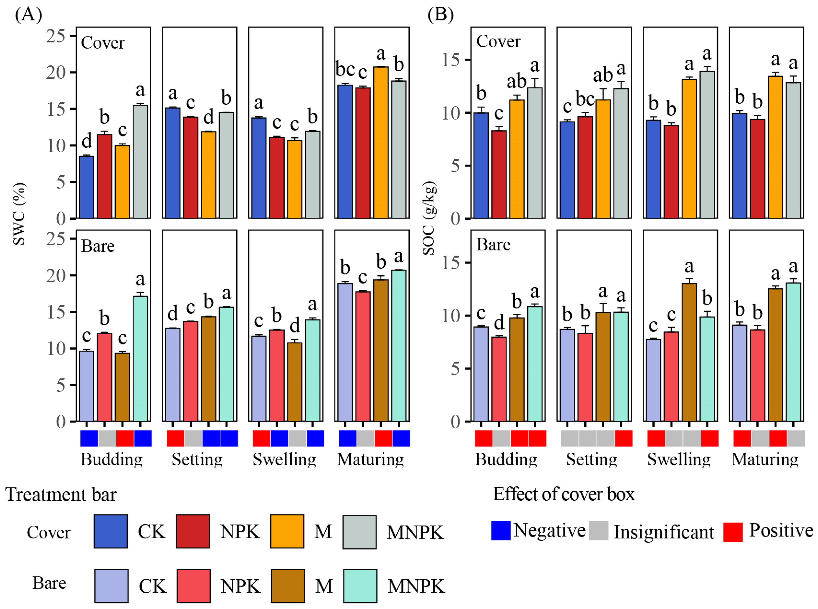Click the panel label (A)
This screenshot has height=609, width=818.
coord(28,15)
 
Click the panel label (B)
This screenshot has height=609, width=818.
coord(440,15)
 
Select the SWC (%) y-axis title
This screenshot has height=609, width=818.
coord(19,214)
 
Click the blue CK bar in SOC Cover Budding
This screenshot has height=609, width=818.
coord(481,166)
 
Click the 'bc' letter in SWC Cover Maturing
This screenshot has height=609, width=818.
coord(345,69)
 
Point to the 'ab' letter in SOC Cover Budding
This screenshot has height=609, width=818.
coord(517,81)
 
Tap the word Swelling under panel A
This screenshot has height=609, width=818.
coord(284,460)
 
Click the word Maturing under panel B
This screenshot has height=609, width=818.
coord(765,460)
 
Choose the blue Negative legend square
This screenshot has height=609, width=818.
coord(501,531)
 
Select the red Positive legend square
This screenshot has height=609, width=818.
coord(733,532)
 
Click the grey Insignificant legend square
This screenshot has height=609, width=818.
coord(598,531)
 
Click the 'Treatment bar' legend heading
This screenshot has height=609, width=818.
coord(61,495)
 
